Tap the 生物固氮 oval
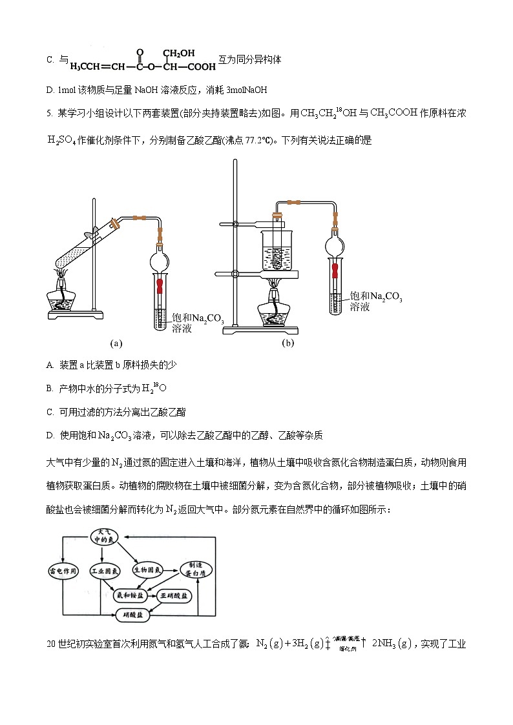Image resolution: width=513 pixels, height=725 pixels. click(147, 571)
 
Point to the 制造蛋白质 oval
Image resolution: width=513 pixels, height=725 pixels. click(192, 568)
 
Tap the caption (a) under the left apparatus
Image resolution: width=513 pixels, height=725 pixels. click(116, 343)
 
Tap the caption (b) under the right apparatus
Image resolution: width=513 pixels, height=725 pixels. click(288, 343)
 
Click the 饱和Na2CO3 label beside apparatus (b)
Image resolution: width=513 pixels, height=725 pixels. click(375, 297)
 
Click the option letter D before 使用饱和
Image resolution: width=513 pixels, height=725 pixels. click(50, 435)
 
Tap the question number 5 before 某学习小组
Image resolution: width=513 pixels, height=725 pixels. click(49, 114)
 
